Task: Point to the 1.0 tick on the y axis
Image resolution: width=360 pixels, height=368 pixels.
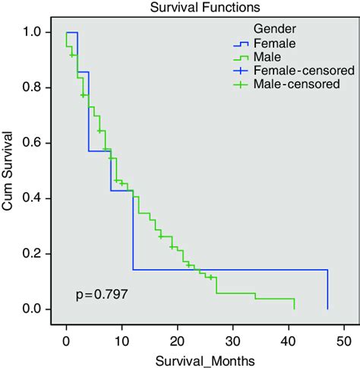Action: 35,33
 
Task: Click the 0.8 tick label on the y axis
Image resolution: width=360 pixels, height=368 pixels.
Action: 35,88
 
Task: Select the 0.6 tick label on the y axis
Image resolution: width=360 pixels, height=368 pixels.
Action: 35,144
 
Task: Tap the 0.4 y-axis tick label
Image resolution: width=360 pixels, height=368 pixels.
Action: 35,198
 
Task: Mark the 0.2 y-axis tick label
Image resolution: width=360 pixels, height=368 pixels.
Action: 35,254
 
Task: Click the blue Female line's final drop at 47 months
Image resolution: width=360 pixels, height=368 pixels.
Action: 327,289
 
